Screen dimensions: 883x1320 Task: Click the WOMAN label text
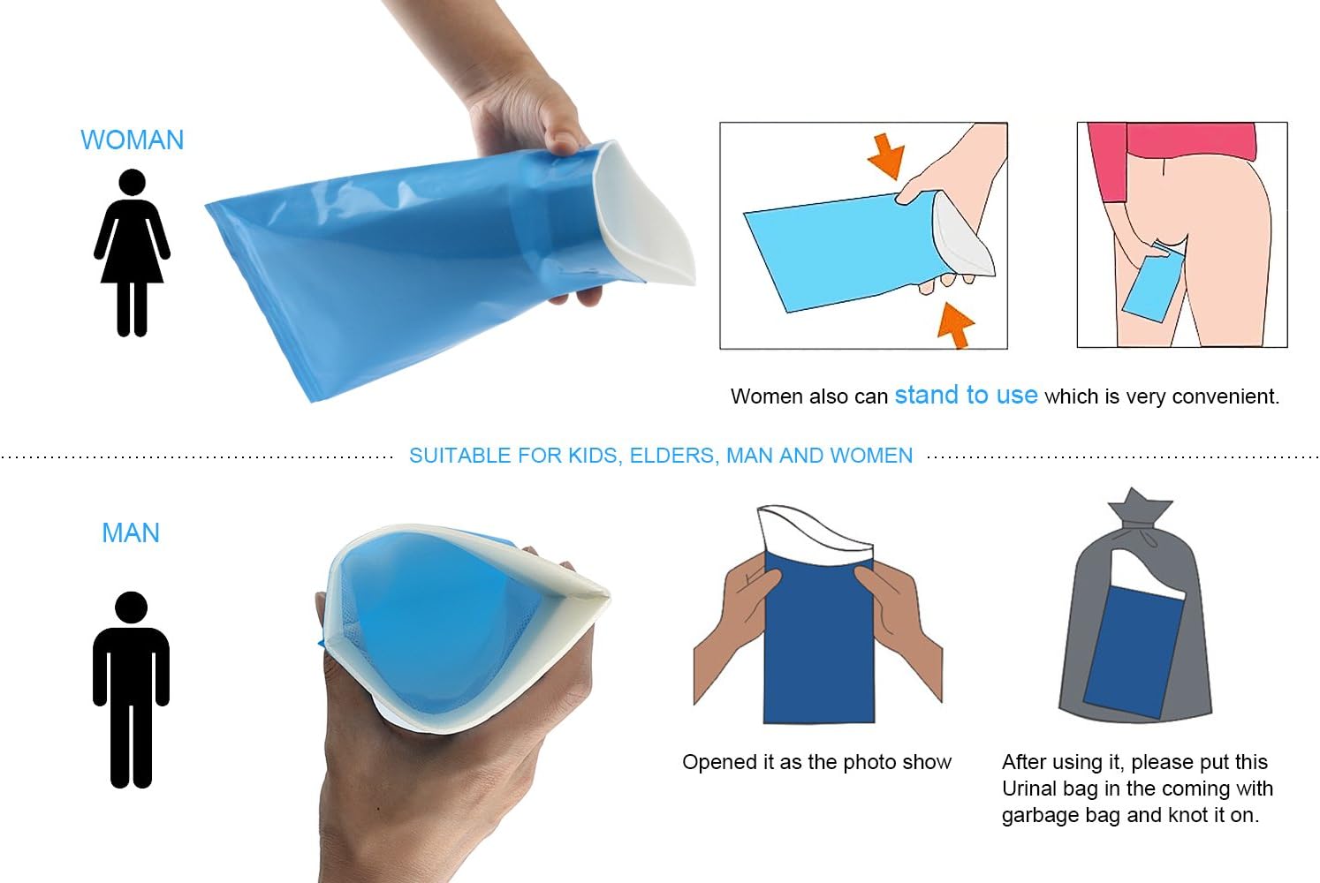click(x=132, y=140)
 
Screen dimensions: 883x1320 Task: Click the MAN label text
click(x=131, y=532)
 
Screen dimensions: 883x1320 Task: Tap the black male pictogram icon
click(x=131, y=689)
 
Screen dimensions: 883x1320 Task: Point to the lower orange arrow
click(x=956, y=324)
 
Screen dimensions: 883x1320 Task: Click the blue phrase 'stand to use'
click(x=966, y=395)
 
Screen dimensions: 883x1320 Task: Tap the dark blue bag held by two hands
click(x=818, y=640)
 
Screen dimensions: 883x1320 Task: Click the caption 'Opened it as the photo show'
click(x=816, y=762)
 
